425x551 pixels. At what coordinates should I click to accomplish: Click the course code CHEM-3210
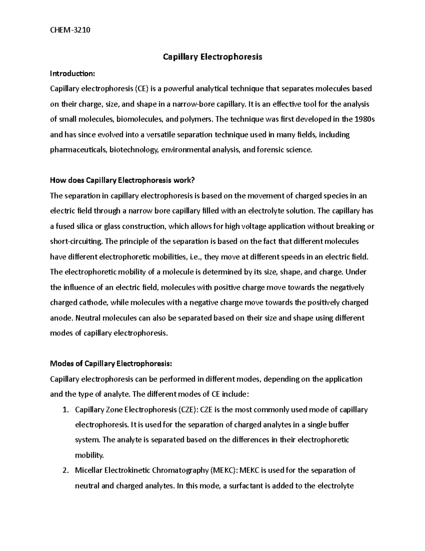pos(70,30)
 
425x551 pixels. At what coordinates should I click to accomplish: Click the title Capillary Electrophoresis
pos(212,57)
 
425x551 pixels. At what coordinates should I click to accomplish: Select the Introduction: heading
pos(73,73)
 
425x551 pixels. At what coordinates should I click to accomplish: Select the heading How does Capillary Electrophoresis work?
pos(123,181)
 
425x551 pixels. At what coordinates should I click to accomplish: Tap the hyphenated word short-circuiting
pos(76,242)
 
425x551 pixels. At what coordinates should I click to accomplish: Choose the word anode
pos(62,318)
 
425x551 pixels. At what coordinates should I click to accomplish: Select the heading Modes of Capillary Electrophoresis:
pos(111,364)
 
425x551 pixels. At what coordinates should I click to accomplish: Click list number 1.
pos(64,410)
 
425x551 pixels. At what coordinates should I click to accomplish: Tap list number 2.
pos(64,471)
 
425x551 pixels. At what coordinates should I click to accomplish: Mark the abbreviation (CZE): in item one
pos(187,410)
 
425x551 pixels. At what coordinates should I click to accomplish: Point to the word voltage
pos(254,226)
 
